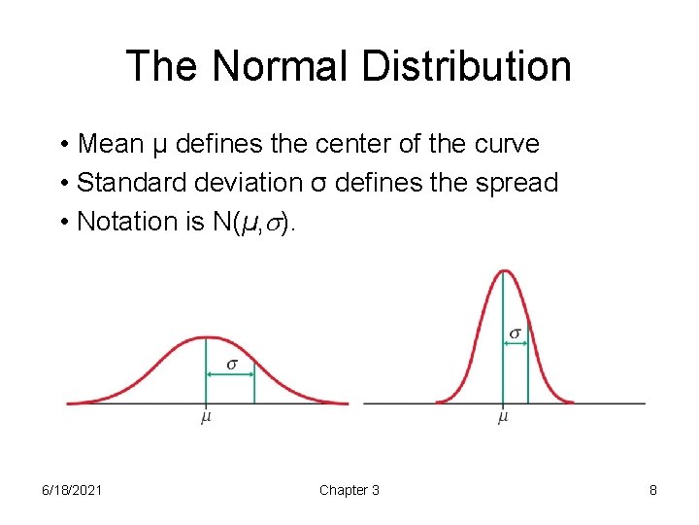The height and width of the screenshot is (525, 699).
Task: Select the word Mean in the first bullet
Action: pyautogui.click(x=109, y=144)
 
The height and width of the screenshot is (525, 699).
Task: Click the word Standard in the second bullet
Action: pyautogui.click(x=122, y=183)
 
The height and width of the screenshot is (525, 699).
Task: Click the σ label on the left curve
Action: pyautogui.click(x=232, y=364)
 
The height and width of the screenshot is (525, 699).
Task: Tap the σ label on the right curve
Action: pyautogui.click(x=516, y=333)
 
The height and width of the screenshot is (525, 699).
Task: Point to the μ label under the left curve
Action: pyautogui.click(x=207, y=418)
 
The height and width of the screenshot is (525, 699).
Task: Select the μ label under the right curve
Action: pyautogui.click(x=503, y=418)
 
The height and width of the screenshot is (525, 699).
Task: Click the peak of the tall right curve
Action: pyautogui.click(x=503, y=270)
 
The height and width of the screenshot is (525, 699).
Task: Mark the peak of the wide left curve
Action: pyautogui.click(x=207, y=337)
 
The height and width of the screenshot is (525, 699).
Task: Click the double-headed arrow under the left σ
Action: pyautogui.click(x=230, y=377)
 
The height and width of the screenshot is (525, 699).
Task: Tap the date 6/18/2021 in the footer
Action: pyautogui.click(x=72, y=490)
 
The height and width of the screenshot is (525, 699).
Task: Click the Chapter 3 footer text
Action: pyautogui.click(x=349, y=490)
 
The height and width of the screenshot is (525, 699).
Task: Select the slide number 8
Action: pyautogui.click(x=653, y=490)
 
